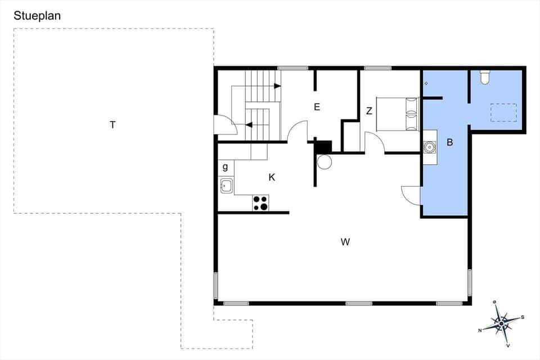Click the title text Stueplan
(37, 16)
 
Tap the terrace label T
(112, 125)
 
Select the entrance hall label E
(317, 107)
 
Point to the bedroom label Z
(369, 111)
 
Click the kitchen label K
(272, 177)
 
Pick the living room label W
(345, 242)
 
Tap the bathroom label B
(449, 142)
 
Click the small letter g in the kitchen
(225, 167)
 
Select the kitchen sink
(226, 185)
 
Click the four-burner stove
(260, 203)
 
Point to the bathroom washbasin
(430, 147)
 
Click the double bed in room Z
(397, 114)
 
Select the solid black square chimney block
(323, 146)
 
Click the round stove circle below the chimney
(325, 162)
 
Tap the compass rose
(501, 323)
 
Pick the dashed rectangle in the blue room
(503, 112)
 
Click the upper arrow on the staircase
(277, 86)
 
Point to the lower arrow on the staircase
(249, 125)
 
